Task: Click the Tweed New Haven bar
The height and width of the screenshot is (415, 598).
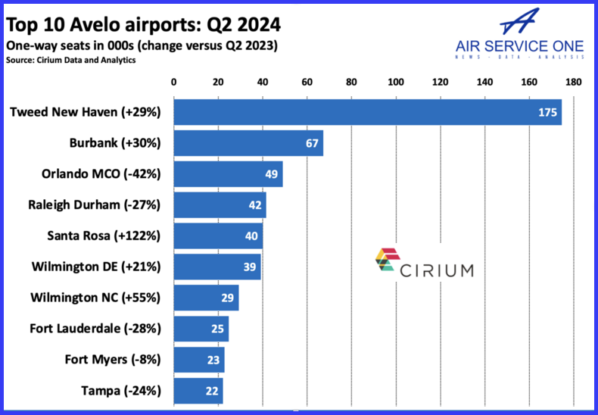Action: click(x=367, y=112)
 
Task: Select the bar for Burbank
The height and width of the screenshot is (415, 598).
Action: click(x=248, y=143)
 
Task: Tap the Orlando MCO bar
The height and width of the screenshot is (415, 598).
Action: click(x=228, y=174)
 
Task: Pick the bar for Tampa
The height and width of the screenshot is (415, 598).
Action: click(x=198, y=391)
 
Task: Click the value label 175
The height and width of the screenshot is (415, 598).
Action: click(x=548, y=113)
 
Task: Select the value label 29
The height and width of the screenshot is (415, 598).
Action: click(x=226, y=298)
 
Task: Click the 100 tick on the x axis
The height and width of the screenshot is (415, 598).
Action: click(x=394, y=83)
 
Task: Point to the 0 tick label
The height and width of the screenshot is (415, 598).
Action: click(x=174, y=83)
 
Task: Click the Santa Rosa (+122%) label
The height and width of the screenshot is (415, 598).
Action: click(x=104, y=236)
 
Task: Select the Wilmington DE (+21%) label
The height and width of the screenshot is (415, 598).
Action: click(x=96, y=267)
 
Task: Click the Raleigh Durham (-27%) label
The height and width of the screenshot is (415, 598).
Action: click(x=95, y=204)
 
